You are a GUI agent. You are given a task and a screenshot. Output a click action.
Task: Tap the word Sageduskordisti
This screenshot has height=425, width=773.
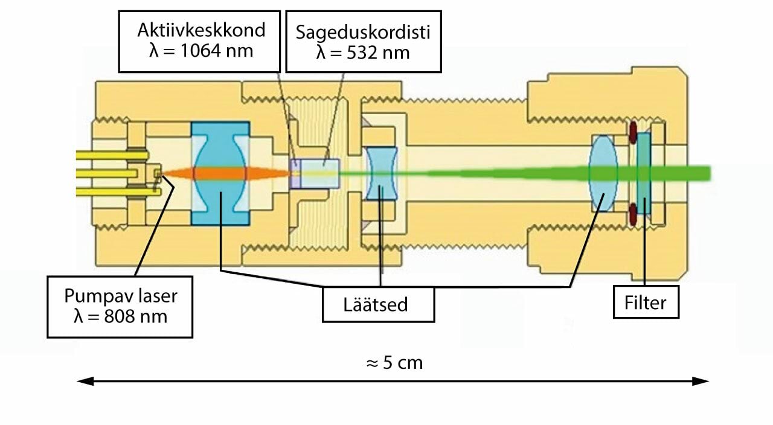click(363, 32)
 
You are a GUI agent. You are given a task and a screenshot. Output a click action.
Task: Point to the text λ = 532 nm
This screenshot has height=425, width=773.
click(363, 53)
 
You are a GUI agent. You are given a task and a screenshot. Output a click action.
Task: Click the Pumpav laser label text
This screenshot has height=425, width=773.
click(120, 296)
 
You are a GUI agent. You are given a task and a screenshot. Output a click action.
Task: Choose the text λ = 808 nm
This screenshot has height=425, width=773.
click(120, 316)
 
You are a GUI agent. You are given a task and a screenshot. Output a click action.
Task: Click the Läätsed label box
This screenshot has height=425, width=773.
click(378, 304)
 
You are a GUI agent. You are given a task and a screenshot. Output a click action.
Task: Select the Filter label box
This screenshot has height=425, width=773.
click(646, 302)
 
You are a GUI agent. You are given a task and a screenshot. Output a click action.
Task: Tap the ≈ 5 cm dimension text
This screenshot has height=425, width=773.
click(394, 363)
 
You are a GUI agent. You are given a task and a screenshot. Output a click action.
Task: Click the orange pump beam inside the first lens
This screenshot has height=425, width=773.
click(220, 173)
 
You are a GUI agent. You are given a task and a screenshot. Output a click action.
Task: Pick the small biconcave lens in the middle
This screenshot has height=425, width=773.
click(381, 174)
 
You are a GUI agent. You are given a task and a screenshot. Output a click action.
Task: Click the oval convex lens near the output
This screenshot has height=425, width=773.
click(602, 173)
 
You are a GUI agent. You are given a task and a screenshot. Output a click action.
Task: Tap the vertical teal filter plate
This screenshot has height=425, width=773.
click(644, 173)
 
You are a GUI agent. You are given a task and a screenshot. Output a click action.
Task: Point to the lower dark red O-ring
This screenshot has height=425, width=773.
click(632, 212)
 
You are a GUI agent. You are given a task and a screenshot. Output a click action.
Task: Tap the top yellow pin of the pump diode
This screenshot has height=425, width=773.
click(112, 155)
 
